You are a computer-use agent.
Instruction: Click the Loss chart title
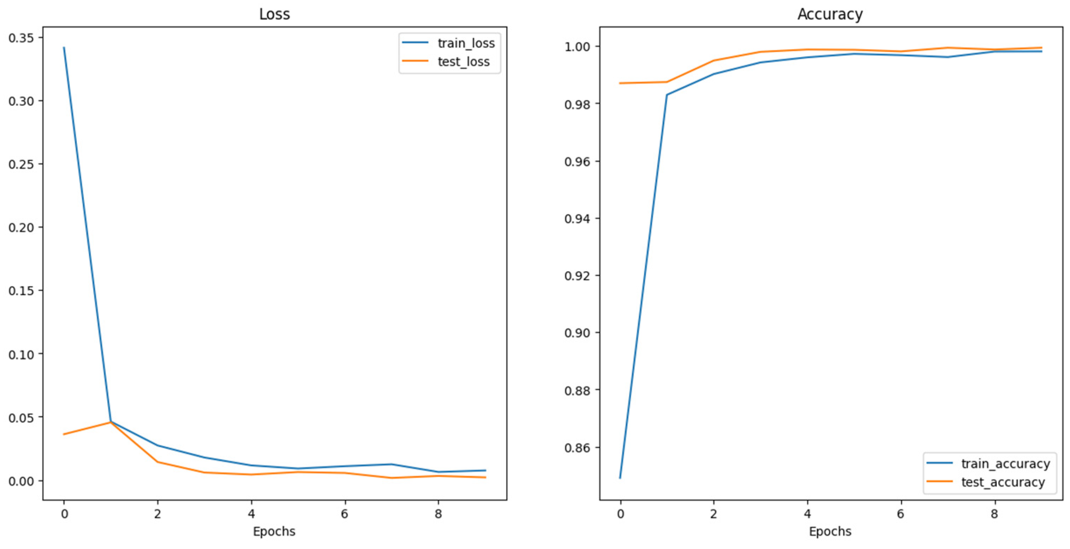(x=274, y=14)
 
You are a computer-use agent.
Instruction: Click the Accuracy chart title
(x=830, y=14)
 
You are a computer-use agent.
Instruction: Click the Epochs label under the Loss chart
(x=274, y=531)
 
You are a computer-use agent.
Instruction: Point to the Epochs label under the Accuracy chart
(x=830, y=531)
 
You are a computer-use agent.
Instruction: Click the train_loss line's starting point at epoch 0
(x=64, y=48)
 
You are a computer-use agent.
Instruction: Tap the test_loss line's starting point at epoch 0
(x=64, y=434)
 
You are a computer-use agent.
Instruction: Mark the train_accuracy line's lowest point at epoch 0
(x=620, y=478)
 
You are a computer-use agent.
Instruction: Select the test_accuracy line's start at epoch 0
(x=620, y=83)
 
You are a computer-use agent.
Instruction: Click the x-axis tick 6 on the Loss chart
(x=344, y=514)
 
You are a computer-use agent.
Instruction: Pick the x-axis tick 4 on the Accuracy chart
(x=807, y=514)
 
